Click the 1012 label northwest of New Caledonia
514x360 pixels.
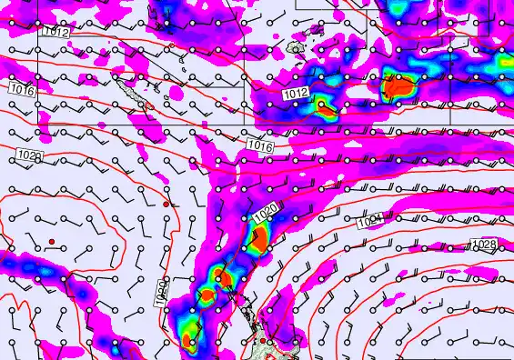[x=53, y=33]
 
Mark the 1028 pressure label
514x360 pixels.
[x=483, y=245]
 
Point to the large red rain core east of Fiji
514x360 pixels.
[x=398, y=87]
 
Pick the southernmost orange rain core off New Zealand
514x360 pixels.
[x=186, y=342]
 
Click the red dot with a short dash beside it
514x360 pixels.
[x=166, y=205]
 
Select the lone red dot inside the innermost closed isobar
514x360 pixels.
[x=53, y=241]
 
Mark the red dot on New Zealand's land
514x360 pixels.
[x=263, y=341]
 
